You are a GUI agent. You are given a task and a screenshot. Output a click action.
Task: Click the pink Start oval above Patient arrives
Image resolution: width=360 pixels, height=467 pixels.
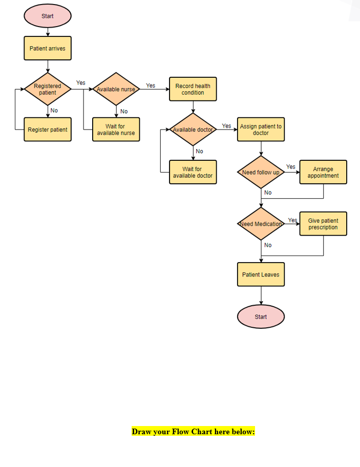point(48,16)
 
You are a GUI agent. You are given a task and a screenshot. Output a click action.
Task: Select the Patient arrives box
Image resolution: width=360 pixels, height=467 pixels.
point(48,49)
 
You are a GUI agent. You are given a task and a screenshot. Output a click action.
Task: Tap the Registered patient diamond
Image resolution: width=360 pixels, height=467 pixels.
point(48,90)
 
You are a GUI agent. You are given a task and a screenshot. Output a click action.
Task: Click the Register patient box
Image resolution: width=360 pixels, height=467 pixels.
point(48,130)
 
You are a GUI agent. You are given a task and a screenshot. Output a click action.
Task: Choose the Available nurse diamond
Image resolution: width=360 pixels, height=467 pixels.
point(116,89)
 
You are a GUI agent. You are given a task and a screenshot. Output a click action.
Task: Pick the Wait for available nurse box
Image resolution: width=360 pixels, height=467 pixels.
point(116,130)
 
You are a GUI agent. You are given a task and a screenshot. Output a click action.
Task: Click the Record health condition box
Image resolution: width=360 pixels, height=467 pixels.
point(193,89)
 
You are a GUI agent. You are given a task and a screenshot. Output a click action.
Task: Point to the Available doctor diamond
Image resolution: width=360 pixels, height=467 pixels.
point(193,130)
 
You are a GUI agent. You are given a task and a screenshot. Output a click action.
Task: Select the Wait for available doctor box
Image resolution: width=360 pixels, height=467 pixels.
point(193,172)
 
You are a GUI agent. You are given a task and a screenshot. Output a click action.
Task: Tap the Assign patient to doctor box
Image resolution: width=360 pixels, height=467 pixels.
point(261,130)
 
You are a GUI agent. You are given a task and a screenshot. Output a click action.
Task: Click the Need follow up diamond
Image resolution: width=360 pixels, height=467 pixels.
point(261,173)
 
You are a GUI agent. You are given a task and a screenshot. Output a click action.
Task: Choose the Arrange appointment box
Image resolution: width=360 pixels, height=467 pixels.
point(323,172)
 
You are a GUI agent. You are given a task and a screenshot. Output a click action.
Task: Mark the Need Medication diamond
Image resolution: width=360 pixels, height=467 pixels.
point(261,224)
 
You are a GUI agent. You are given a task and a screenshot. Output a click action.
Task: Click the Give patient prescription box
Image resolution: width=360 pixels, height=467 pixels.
point(323,224)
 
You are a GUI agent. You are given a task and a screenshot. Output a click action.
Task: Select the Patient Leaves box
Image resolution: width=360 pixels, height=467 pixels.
point(261,274)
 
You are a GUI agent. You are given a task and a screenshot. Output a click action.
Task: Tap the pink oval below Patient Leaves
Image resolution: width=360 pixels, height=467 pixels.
point(261,317)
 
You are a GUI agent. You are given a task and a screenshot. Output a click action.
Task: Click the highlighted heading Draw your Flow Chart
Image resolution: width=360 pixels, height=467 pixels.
point(193,432)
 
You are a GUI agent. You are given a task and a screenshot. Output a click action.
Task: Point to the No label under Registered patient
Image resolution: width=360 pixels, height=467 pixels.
point(54,110)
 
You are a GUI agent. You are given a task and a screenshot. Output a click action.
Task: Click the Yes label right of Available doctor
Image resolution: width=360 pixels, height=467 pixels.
point(226,125)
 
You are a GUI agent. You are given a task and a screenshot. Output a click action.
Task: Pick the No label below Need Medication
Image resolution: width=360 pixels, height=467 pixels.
point(268,245)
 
